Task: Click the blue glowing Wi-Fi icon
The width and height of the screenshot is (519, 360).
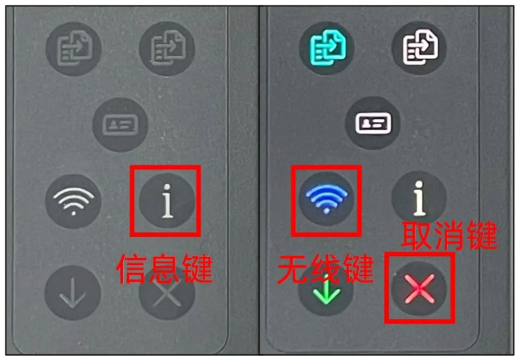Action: point(327,199)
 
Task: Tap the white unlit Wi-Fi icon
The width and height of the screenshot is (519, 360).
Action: point(73,201)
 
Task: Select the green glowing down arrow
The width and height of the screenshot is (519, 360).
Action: point(327,291)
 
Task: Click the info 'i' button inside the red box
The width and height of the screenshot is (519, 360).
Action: point(167,201)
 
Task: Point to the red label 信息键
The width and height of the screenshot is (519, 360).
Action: point(164,269)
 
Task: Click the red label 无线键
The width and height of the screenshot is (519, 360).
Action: point(326,269)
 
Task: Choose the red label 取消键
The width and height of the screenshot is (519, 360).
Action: point(450,235)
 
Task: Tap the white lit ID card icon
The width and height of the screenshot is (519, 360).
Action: point(373,123)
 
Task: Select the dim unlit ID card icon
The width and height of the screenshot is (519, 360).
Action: point(120,125)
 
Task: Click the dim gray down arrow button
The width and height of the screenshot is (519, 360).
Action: point(73,292)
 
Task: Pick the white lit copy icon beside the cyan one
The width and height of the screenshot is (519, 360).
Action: point(420,47)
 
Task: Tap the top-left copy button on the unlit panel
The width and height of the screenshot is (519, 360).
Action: point(73,49)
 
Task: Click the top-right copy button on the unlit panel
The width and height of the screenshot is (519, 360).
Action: point(167,49)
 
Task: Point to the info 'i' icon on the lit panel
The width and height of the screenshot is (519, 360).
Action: point(419,198)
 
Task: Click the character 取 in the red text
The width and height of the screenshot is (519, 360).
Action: point(417,235)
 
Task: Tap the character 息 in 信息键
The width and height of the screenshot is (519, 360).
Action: point(164,269)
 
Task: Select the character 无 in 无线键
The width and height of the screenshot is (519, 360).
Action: point(293,269)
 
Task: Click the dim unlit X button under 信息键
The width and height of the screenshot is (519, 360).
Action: point(167,294)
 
